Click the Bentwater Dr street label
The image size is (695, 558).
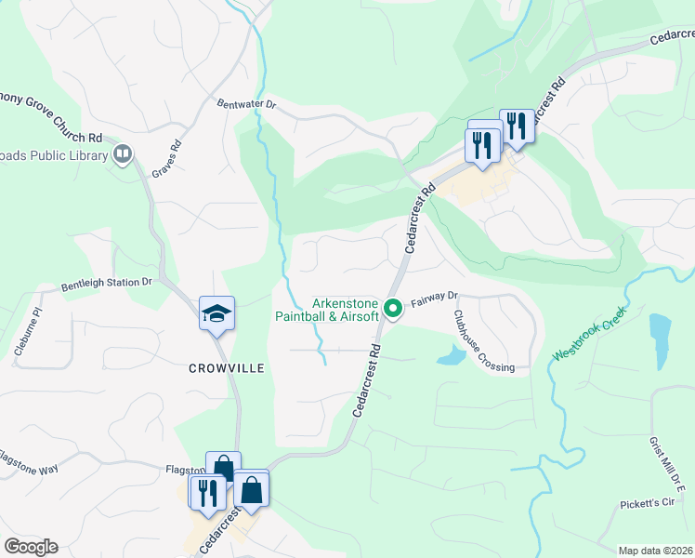(x=246, y=105)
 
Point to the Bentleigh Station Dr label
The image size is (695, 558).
(x=107, y=282)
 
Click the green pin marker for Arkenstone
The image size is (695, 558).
(x=393, y=306)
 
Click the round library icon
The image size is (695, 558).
(x=122, y=153)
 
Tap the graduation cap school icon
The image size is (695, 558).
(x=216, y=313)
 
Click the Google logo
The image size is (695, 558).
(x=31, y=547)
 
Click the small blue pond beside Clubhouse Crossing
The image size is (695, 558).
(x=450, y=354)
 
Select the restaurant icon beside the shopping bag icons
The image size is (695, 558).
(x=206, y=491)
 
